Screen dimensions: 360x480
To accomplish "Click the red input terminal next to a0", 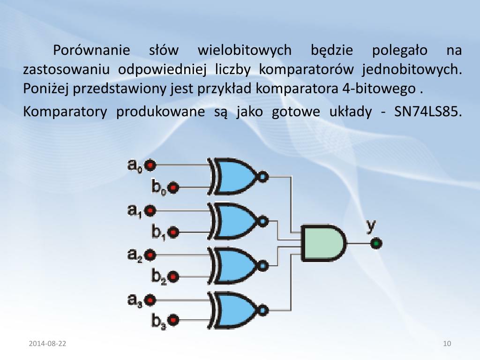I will pyautogui.click(x=150, y=165).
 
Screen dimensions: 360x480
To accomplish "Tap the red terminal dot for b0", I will pyautogui.click(x=173, y=187).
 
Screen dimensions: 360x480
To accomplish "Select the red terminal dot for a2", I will pyautogui.click(x=150, y=255).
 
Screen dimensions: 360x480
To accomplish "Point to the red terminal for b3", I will pyautogui.click(x=173, y=321).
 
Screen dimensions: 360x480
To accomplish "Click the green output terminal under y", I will pyautogui.click(x=375, y=244).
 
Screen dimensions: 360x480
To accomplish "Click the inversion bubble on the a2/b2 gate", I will pyautogui.click(x=263, y=266).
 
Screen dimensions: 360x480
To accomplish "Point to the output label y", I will pyautogui.click(x=371, y=226).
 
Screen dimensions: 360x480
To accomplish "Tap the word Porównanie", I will pyautogui.click(x=93, y=50).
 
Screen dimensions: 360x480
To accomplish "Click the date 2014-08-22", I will pyautogui.click(x=47, y=344).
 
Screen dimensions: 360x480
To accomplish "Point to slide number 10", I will pyautogui.click(x=447, y=344).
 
